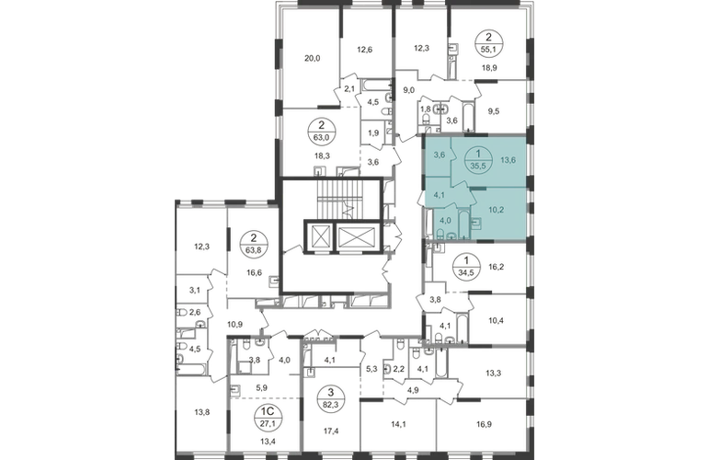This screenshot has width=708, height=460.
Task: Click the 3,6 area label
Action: click(x=440, y=155)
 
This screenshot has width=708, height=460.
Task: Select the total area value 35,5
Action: click(x=477, y=167)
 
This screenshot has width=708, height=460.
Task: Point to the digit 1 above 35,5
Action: click(x=477, y=155)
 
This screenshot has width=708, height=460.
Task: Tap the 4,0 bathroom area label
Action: click(x=446, y=220)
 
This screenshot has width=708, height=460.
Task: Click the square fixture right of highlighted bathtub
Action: click(x=475, y=222)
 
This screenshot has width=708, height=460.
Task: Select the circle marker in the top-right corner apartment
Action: click(x=485, y=43)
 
